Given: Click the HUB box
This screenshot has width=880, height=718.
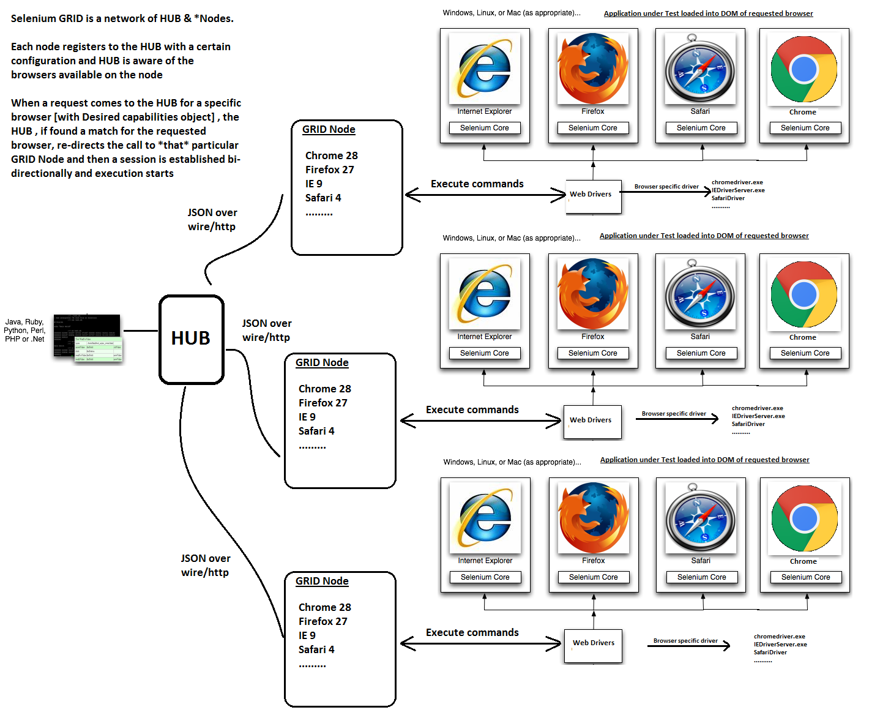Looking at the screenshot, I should point(192,339).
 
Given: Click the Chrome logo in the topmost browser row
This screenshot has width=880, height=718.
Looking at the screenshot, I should point(804,69).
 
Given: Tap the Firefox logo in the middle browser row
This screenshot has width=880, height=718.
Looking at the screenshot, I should point(592,294).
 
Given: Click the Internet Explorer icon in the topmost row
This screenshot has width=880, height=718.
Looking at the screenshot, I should point(485,69).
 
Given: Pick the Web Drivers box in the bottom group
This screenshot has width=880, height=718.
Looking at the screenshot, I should point(593,646).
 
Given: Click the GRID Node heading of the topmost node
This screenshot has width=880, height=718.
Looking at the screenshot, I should point(329,129).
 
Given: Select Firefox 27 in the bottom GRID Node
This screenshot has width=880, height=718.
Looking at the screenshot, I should point(323,621).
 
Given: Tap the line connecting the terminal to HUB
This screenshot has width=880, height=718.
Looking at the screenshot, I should point(140,331).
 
